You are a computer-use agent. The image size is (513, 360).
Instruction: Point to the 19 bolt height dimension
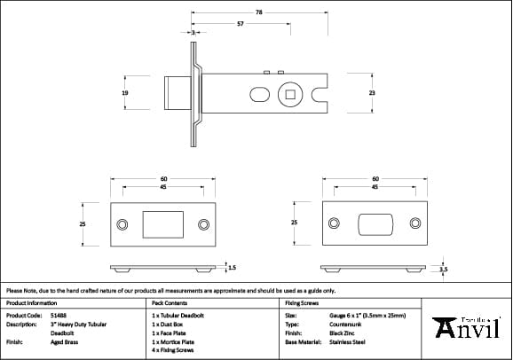click(125, 92)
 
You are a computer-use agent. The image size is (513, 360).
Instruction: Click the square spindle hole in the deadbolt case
click(289, 92)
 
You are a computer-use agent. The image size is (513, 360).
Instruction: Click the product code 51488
click(59, 315)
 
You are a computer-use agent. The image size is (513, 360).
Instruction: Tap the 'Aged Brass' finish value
click(65, 340)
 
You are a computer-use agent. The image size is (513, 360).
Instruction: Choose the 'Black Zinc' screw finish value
click(343, 333)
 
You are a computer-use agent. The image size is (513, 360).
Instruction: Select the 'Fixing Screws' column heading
click(302, 302)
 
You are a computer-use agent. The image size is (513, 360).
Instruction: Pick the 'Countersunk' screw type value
click(345, 324)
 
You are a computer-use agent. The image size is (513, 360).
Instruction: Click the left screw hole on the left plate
click(122, 223)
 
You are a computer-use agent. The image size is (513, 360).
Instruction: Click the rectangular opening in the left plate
click(162, 223)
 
